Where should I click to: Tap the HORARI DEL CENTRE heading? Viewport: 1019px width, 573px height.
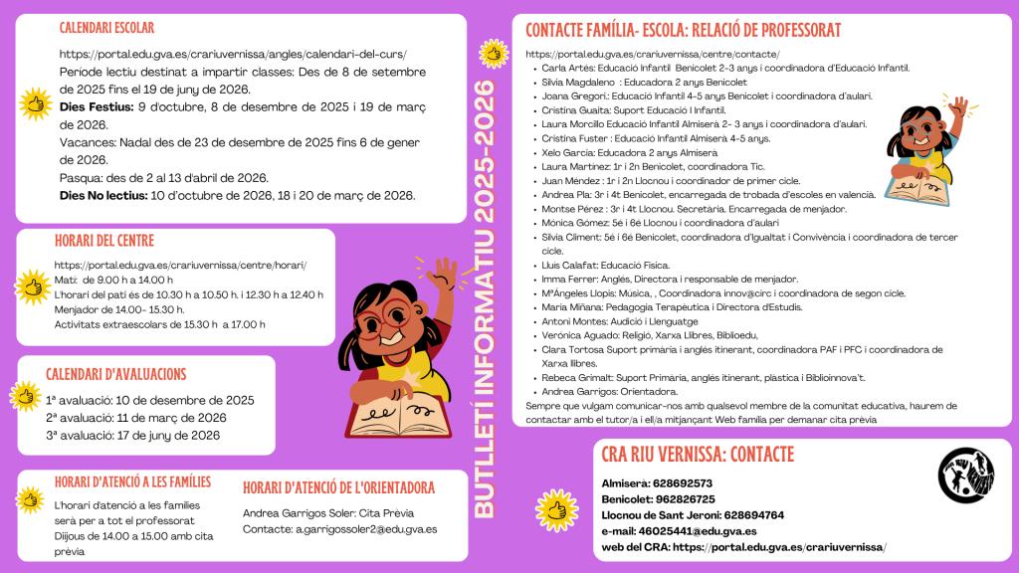(102, 242)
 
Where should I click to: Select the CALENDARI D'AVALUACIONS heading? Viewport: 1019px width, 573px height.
(116, 374)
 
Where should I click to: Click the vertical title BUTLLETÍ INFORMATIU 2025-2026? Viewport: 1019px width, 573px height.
(486, 298)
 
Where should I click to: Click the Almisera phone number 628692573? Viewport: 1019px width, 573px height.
(683, 483)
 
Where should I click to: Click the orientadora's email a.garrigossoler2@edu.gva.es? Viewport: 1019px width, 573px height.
(366, 529)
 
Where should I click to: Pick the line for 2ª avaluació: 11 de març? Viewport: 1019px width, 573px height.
(136, 418)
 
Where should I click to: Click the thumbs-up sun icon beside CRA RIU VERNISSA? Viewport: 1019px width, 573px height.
(557, 508)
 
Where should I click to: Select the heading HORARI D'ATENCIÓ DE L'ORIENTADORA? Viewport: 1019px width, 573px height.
(338, 487)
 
